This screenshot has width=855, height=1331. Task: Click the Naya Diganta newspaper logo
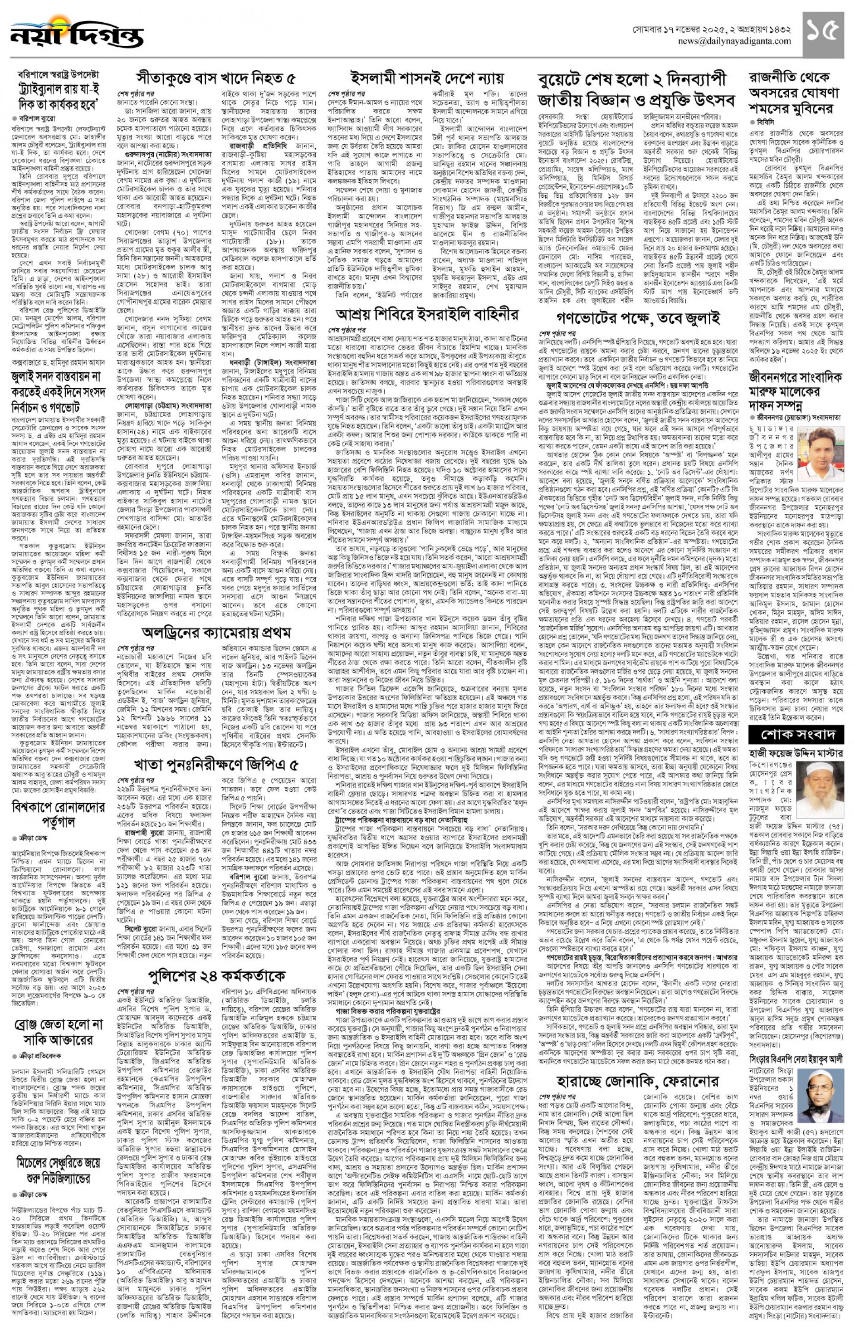77,32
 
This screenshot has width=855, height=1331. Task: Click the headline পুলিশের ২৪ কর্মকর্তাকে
216,975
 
